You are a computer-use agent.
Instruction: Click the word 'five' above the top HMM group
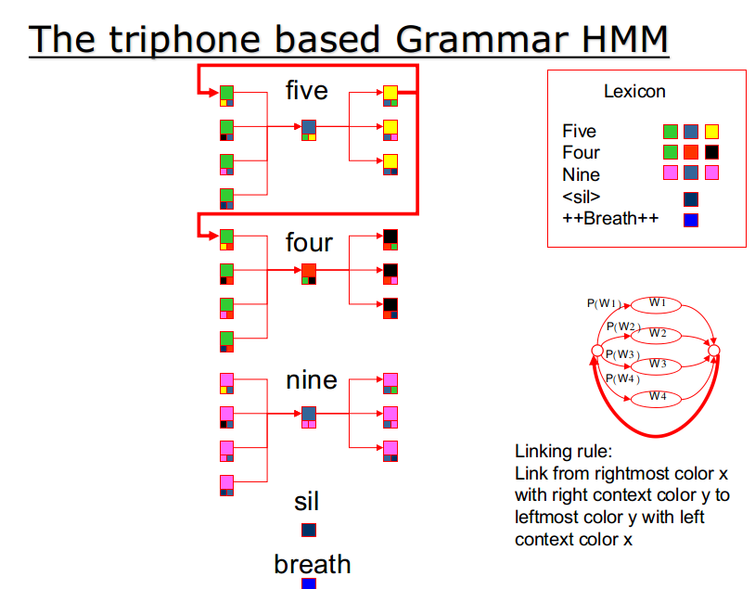tap(307, 90)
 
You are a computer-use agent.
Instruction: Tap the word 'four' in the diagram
tap(309, 242)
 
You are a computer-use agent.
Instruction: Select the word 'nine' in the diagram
tap(312, 380)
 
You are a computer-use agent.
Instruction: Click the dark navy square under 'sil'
tap(309, 530)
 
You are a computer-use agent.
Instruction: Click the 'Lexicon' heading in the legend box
tap(634, 91)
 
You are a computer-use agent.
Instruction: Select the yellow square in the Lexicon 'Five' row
tap(711, 132)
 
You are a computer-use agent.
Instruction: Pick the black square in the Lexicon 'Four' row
tap(711, 152)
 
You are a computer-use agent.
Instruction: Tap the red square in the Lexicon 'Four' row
tap(690, 152)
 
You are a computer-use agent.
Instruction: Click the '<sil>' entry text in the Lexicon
tap(582, 197)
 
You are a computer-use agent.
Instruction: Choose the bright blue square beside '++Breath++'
tap(690, 220)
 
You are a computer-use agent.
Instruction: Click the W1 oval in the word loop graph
tap(656, 304)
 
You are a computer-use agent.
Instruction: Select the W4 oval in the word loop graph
tap(656, 398)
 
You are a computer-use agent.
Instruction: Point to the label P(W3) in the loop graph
tap(622, 354)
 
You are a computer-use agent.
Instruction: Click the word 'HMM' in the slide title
tap(625, 39)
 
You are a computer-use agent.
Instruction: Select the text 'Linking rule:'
tap(563, 452)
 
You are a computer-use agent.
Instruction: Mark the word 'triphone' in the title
tap(185, 40)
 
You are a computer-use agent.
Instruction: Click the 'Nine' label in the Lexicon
tap(582, 174)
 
